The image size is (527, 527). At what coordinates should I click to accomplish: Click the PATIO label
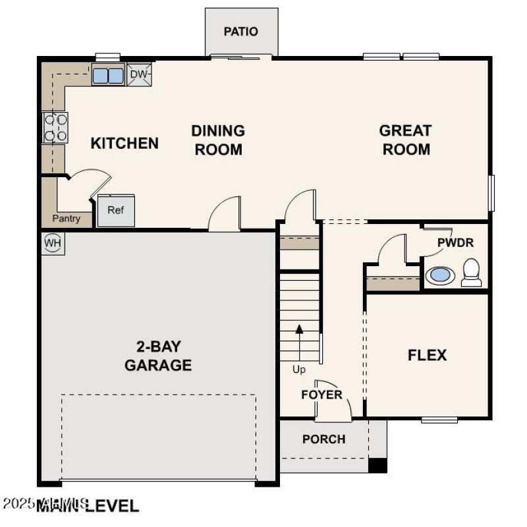[240, 31]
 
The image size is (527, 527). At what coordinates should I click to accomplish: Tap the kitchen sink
[107, 75]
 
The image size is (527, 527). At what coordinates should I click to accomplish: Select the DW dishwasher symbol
[138, 74]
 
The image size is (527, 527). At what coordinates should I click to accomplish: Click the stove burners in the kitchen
[55, 128]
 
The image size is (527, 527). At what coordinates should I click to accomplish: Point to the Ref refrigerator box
[115, 211]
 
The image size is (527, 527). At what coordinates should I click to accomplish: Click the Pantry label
[67, 219]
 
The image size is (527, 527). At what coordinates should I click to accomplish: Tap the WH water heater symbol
[53, 243]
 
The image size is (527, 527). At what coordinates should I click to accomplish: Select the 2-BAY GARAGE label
[158, 356]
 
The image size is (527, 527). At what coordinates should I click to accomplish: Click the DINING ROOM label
[217, 140]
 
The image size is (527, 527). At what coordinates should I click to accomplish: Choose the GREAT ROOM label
[406, 140]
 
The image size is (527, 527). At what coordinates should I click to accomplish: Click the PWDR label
[455, 242]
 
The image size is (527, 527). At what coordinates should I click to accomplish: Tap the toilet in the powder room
[471, 273]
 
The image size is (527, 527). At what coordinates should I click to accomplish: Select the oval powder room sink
[439, 275]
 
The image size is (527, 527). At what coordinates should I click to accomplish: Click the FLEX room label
[427, 356]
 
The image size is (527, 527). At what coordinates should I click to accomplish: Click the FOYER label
[321, 395]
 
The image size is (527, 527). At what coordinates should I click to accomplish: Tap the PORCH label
[323, 439]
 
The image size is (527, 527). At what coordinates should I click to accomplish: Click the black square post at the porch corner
[377, 465]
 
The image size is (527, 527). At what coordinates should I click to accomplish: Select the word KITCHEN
[125, 143]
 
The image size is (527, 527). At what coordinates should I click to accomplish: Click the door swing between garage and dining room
[223, 214]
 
